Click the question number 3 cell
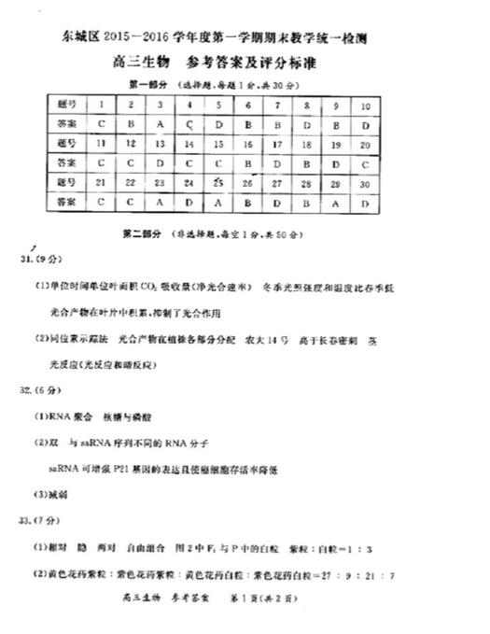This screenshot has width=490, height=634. (x=161, y=106)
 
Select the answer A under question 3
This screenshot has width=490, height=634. (x=161, y=124)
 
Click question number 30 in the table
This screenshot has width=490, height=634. (x=366, y=183)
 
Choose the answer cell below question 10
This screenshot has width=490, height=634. (x=366, y=124)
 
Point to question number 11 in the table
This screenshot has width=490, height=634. (x=102, y=144)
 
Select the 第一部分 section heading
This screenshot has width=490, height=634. (x=147, y=85)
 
